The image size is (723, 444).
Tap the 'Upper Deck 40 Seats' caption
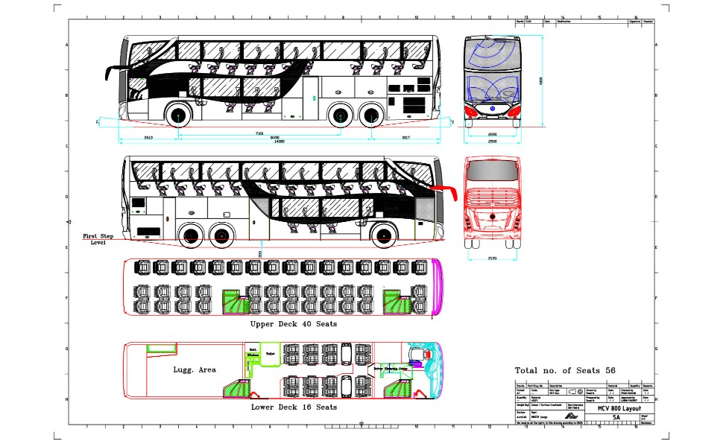294,324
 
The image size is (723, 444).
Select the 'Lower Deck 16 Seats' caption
294,407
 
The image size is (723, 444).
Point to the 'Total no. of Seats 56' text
564,370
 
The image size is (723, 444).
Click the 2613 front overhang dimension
148,138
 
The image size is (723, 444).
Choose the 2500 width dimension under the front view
492,141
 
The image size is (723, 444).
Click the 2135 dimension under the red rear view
491,258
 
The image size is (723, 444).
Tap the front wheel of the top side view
179,115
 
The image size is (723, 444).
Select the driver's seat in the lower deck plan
415,355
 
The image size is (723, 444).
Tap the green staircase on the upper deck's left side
239,301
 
